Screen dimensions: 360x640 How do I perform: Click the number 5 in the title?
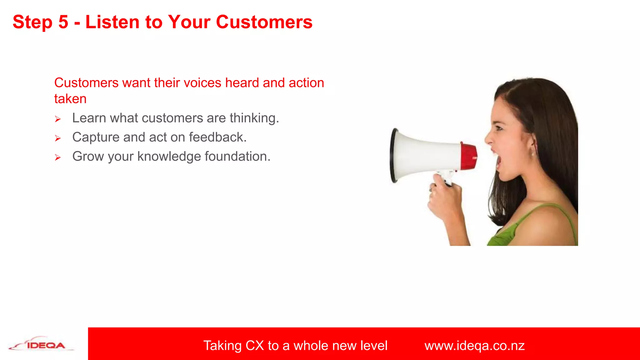[x=63, y=22]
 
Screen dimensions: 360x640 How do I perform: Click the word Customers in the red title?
[x=264, y=22]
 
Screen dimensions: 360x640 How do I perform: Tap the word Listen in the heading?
[x=112, y=22]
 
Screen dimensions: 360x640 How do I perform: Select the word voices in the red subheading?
[x=202, y=83]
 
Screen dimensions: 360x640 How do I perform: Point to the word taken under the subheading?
[x=70, y=99]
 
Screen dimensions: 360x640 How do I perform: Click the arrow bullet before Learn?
[x=58, y=119]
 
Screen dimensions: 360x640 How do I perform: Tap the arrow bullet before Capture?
[x=58, y=138]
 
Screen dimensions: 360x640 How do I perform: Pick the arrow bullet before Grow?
[x=58, y=157]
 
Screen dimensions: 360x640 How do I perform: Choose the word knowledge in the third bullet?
[x=169, y=156]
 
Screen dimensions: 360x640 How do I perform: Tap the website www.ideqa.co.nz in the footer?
[x=474, y=346]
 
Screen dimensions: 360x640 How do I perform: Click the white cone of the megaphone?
[x=425, y=155]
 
